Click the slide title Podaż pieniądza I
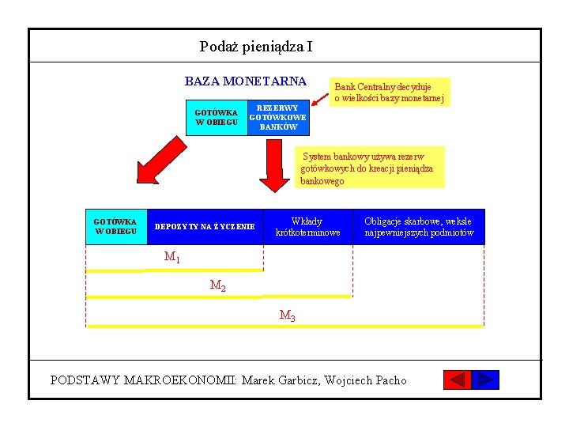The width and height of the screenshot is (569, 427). pyautogui.click(x=256, y=47)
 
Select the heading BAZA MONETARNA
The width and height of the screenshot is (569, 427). pyautogui.click(x=246, y=81)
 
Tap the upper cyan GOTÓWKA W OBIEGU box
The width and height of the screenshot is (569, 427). pyautogui.click(x=216, y=118)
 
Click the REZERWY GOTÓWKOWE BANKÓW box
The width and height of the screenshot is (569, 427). pyautogui.click(x=278, y=117)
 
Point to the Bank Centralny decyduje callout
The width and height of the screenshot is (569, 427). pyautogui.click(x=389, y=92)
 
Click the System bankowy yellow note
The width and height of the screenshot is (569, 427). pyautogui.click(x=370, y=167)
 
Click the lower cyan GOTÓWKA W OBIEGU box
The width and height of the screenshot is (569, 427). pyautogui.click(x=115, y=226)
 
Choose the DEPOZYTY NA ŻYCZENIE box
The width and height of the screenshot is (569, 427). pyautogui.click(x=205, y=227)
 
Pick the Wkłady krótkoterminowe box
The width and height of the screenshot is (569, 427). pyautogui.click(x=307, y=227)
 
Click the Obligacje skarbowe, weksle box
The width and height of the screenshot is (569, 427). pyautogui.click(x=418, y=227)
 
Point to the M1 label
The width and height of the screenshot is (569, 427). pyautogui.click(x=172, y=256)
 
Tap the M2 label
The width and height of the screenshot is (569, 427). pyautogui.click(x=217, y=285)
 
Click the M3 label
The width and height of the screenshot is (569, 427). pyautogui.click(x=288, y=316)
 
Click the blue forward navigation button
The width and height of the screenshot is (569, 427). pyautogui.click(x=486, y=380)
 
